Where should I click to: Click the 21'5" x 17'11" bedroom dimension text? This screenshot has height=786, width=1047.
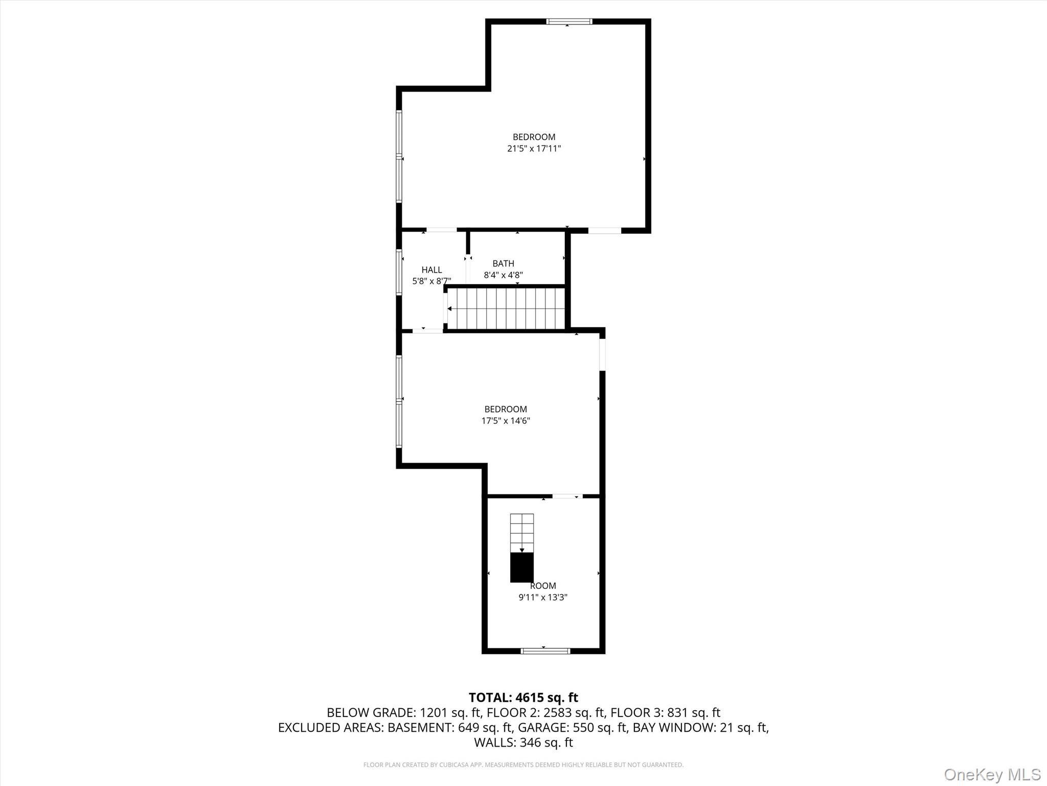534,149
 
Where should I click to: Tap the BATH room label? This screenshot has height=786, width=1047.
503,264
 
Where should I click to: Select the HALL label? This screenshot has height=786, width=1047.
431,270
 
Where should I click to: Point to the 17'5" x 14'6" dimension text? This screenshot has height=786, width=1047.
506,421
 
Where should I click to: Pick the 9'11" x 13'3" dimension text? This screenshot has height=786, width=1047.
543,597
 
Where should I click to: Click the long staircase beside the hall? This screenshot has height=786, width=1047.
506,309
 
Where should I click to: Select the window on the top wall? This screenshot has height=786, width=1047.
569,21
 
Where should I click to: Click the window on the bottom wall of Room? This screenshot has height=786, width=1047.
545,651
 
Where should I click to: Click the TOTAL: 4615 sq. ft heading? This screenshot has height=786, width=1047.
523,697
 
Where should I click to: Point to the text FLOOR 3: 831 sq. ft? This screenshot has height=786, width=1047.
665,712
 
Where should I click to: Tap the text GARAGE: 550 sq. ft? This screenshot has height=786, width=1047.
572,727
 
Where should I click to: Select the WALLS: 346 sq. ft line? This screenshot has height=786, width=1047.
523,742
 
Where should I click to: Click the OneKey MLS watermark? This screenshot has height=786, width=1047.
992,774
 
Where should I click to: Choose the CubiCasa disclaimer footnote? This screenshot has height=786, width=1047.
523,765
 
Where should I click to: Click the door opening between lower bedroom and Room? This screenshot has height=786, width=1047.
567,496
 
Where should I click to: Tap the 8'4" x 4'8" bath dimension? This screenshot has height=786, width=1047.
503,275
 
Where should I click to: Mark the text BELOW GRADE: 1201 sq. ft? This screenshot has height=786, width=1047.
404,712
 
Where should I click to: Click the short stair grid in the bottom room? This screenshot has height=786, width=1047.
521,532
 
